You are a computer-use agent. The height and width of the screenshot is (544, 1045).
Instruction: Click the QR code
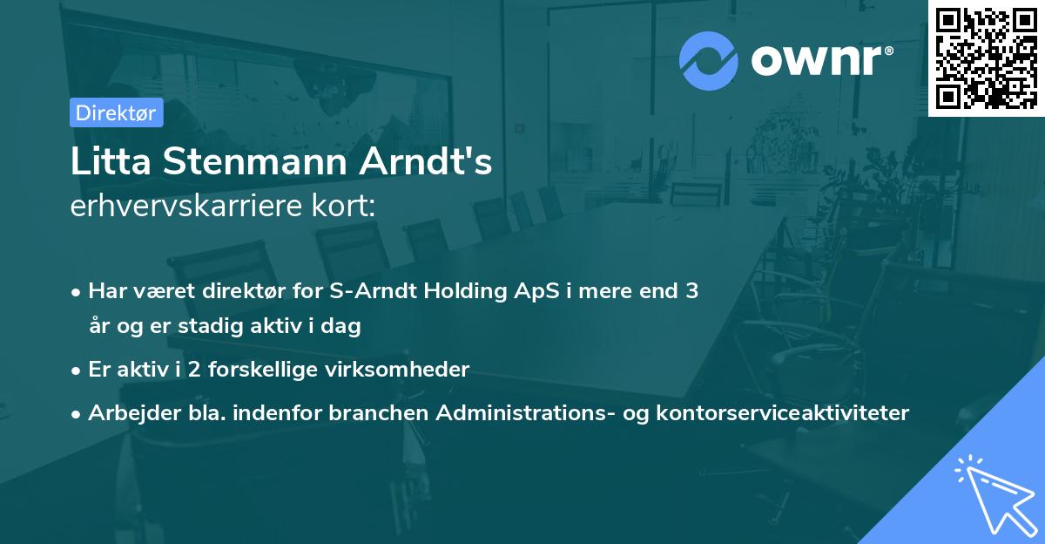[x=987, y=58]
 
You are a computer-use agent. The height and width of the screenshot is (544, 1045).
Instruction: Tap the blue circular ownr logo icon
[x=708, y=61]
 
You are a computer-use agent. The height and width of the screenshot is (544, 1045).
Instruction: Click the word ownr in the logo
[x=816, y=60]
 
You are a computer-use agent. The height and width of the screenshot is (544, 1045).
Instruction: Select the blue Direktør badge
[x=116, y=112]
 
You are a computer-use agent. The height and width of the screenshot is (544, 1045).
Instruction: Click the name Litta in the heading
[x=111, y=161]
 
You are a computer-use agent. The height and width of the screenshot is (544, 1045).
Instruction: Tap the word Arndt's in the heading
[x=425, y=161]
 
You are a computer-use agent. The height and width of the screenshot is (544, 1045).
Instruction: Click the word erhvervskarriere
[x=186, y=206]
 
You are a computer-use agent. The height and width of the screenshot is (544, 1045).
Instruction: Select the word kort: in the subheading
[x=343, y=206]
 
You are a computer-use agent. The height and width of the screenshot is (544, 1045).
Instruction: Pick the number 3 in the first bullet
[x=691, y=291]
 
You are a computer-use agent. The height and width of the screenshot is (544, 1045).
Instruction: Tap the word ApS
[x=536, y=291]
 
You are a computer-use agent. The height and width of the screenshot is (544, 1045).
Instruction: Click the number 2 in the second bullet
[x=194, y=370]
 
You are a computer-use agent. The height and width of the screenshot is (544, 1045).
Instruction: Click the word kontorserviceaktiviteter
[x=782, y=412]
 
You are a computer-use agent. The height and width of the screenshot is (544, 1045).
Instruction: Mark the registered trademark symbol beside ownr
[x=889, y=51]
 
